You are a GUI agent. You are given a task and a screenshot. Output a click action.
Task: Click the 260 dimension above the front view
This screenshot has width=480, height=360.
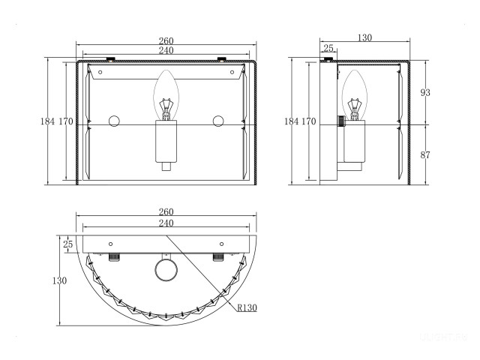[x=166, y=40]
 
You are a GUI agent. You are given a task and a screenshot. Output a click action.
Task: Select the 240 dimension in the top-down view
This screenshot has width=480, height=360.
[x=166, y=223]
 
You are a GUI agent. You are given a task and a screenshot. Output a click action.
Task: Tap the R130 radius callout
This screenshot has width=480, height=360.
[x=247, y=307]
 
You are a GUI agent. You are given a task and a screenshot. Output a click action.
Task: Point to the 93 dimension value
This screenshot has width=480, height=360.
[x=425, y=92]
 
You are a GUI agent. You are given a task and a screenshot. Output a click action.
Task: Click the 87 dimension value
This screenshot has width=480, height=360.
[x=425, y=155]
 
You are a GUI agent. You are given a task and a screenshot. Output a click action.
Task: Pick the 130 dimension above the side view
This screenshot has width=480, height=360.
[x=364, y=37]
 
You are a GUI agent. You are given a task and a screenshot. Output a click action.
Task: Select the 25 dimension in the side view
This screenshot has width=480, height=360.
[x=328, y=48]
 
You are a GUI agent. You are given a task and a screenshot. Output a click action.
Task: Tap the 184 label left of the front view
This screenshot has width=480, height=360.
[x=47, y=121]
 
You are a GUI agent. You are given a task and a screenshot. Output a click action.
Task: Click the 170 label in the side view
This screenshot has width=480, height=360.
[x=308, y=121]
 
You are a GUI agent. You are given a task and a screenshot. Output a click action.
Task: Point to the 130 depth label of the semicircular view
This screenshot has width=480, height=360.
[x=59, y=280]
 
